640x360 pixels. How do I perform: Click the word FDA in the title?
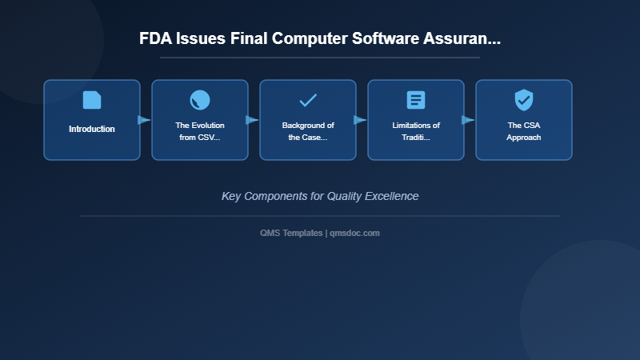[x=155, y=38]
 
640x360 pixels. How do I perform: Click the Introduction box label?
[x=92, y=129]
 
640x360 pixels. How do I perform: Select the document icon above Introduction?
[x=92, y=100]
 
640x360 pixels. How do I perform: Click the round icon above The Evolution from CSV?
[x=200, y=100]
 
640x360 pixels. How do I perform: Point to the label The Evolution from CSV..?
[x=200, y=131]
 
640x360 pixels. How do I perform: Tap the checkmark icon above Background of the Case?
[x=308, y=100]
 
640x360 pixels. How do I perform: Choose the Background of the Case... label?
[x=308, y=131]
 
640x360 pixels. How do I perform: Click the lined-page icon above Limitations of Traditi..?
[x=416, y=100]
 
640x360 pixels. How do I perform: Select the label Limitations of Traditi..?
[x=416, y=131]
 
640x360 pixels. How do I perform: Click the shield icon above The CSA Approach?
[x=524, y=100]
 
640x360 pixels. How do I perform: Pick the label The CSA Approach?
[x=524, y=131]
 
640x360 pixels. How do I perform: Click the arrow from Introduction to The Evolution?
[x=144, y=120]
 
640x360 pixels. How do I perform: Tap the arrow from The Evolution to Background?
[x=252, y=120]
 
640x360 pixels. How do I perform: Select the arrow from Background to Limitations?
[x=360, y=120]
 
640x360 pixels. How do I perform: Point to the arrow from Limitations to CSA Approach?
[x=468, y=120]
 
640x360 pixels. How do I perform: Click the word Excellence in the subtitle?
[x=390, y=196]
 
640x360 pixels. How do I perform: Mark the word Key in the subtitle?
[x=231, y=196]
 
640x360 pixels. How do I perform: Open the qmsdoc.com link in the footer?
[x=355, y=233]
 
